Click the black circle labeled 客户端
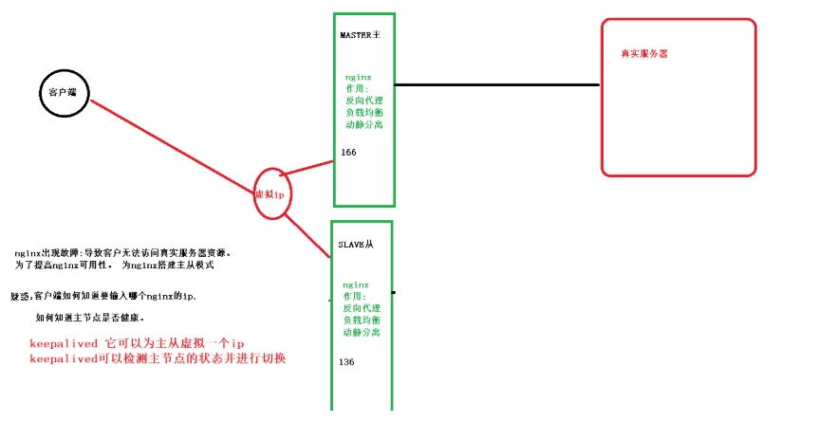65,91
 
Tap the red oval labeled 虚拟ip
270,193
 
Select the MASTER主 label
361,35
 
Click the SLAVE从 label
357,245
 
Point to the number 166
348,152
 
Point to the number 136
346,361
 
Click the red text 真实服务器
644,54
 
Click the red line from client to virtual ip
171,143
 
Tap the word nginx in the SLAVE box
356,284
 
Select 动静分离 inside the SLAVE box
362,333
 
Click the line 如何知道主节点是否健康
89,317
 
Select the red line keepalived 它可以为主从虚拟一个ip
138,342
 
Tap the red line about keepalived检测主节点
158,358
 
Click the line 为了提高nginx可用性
114,266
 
